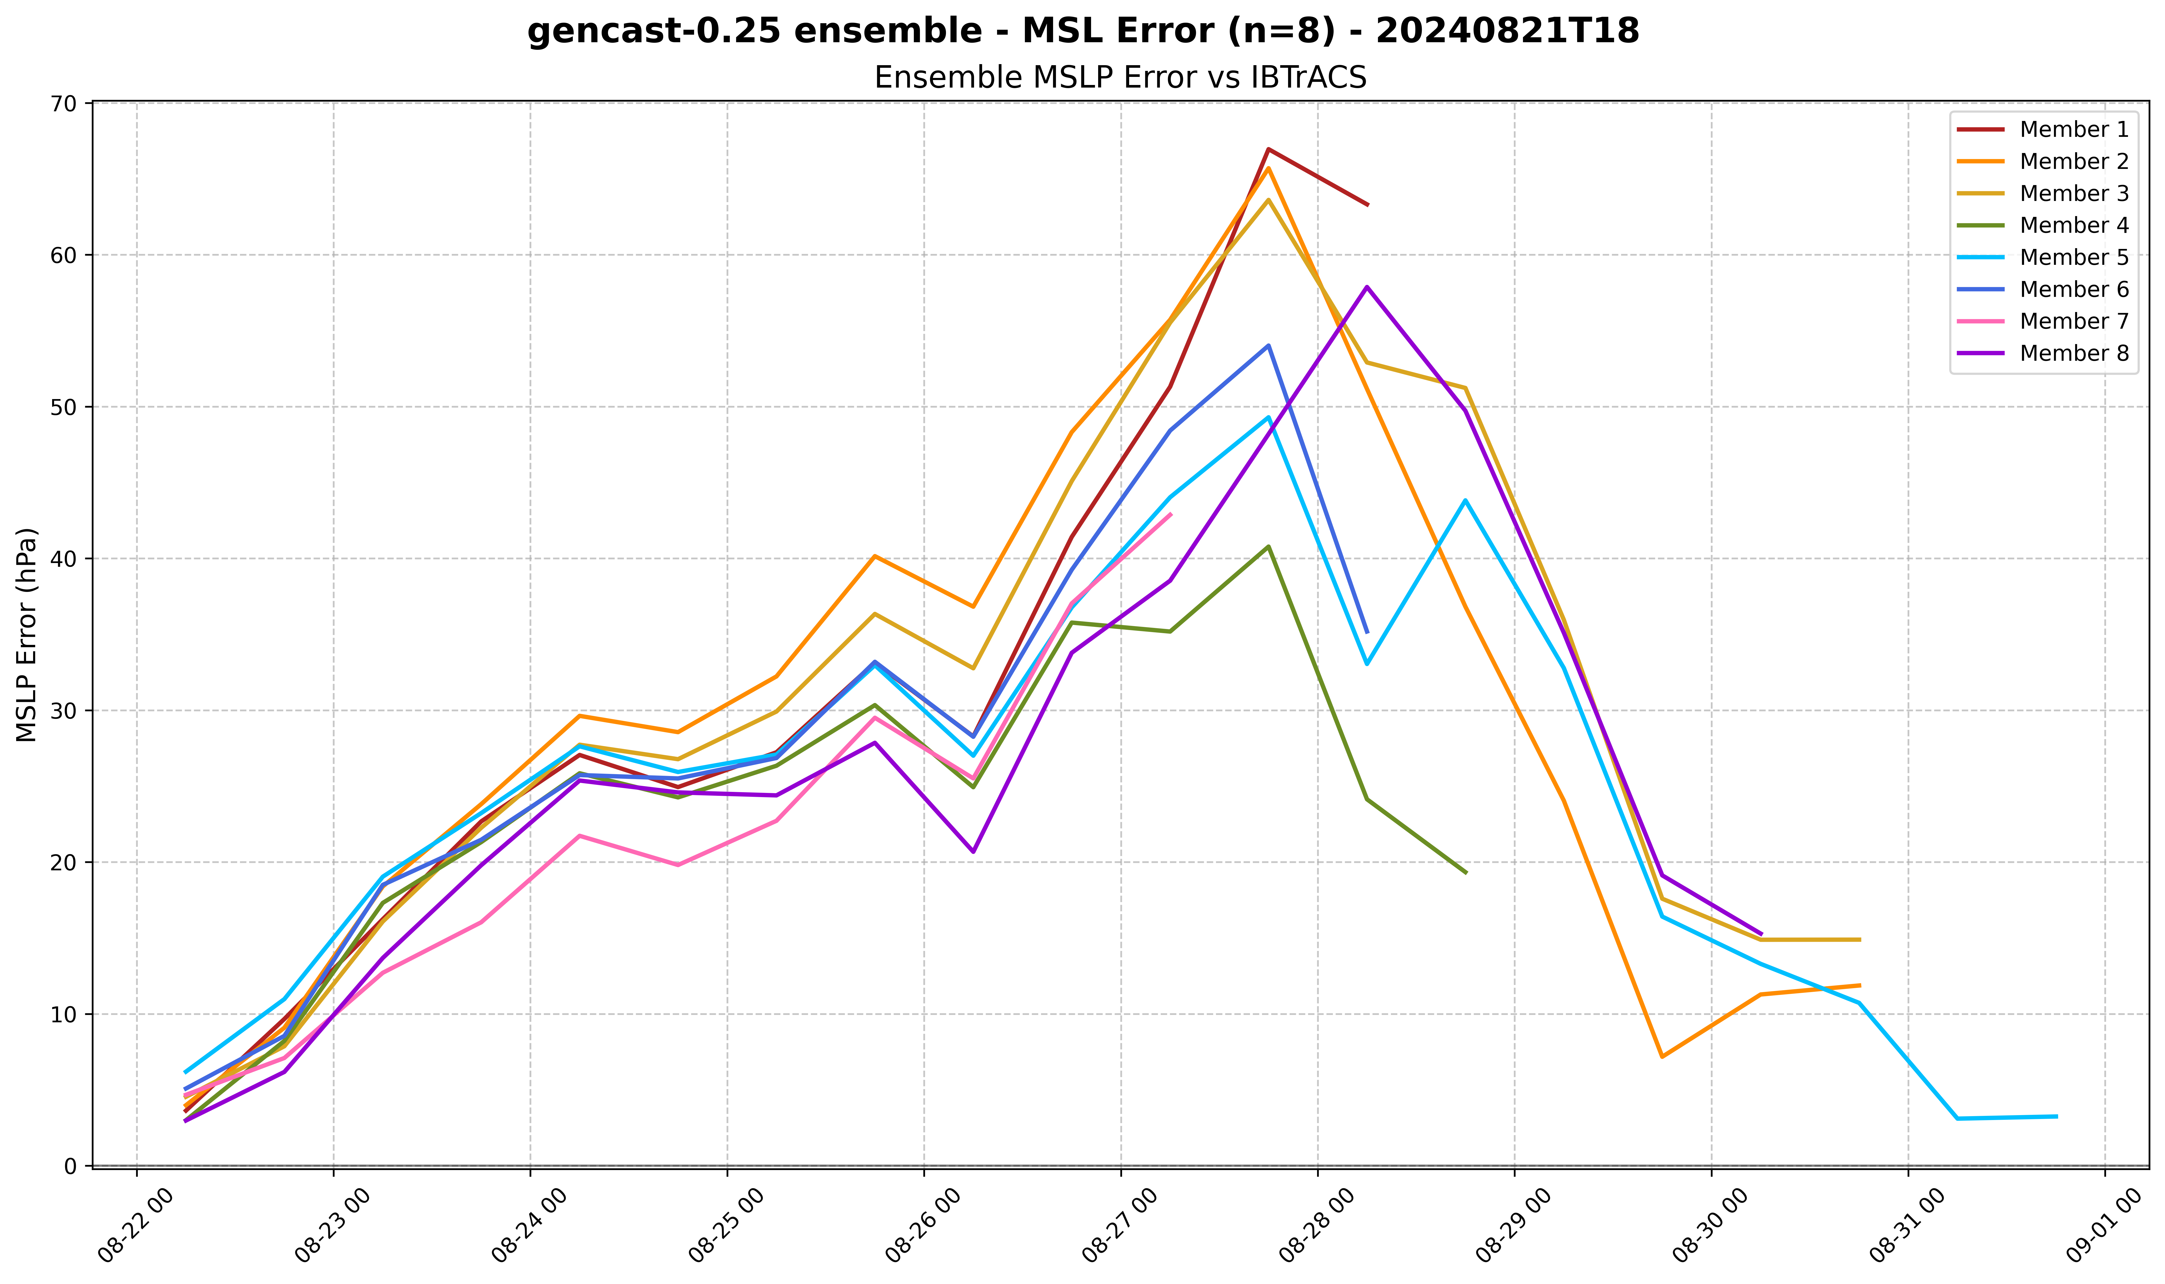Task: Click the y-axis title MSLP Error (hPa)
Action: (28, 634)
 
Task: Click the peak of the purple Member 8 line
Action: (1367, 286)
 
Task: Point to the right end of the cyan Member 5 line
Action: (2056, 1116)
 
